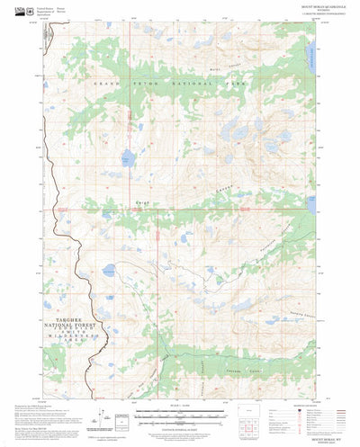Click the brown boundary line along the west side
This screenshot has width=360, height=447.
[x=56, y=225]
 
